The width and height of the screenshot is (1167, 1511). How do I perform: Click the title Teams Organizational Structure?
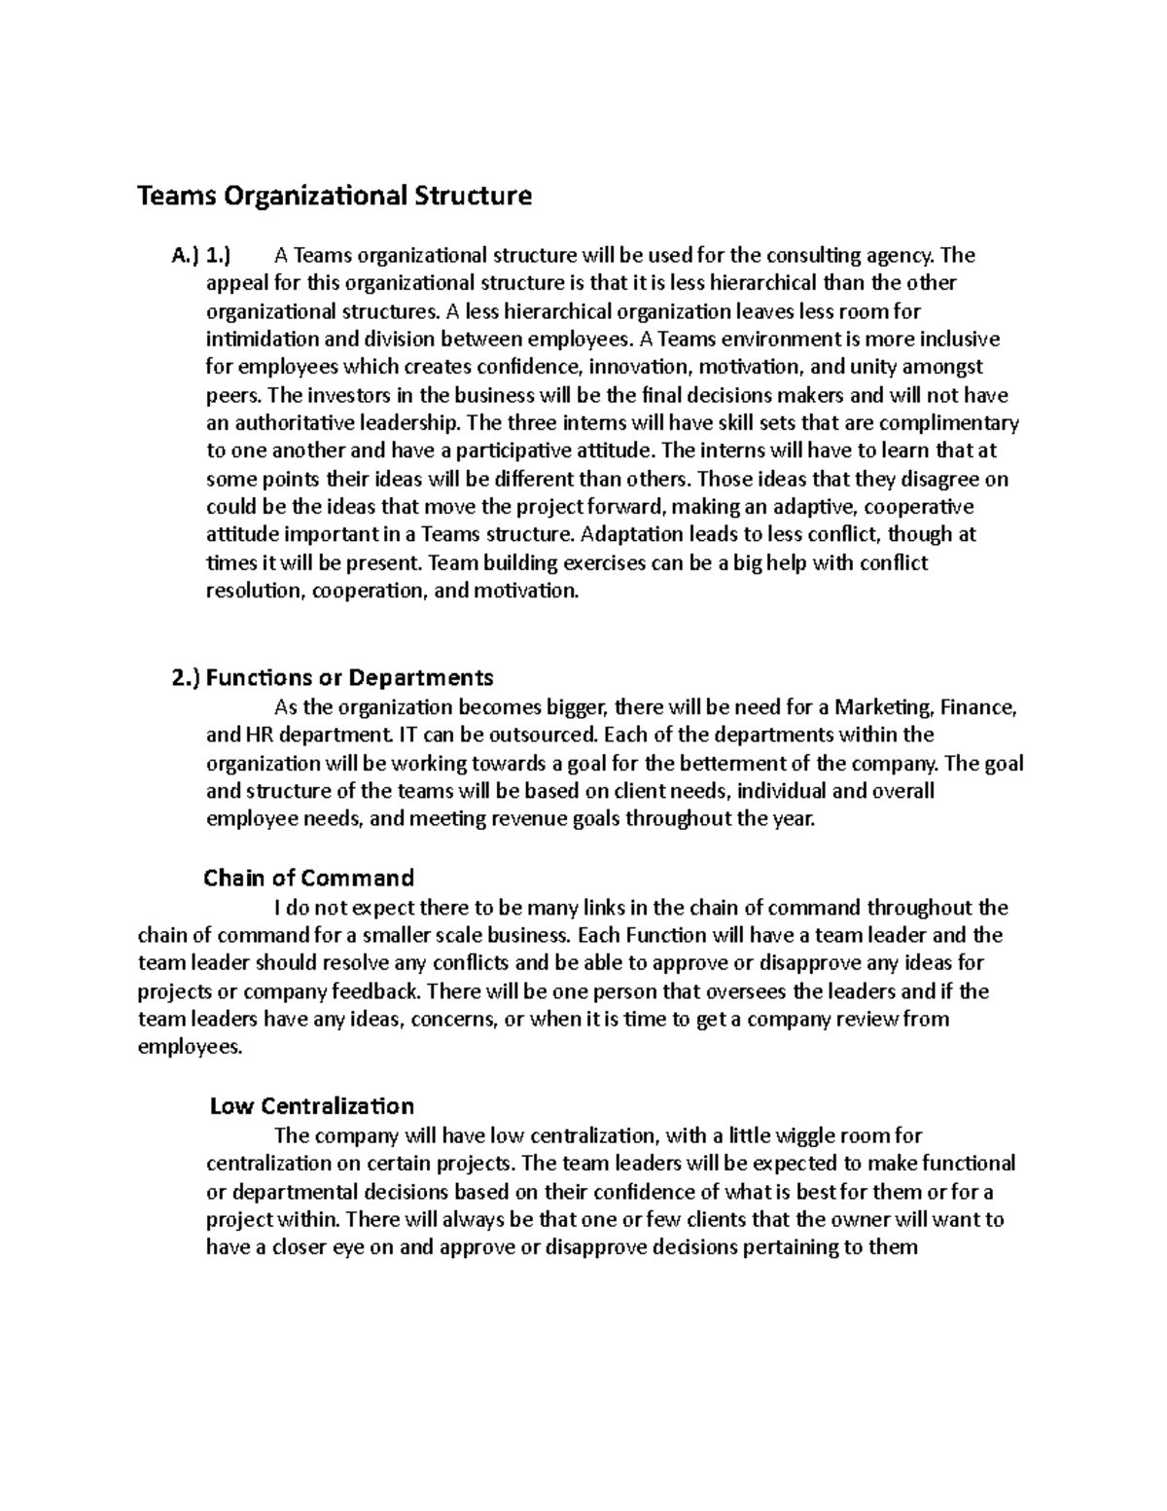(x=335, y=197)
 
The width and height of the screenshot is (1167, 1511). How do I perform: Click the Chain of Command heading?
(x=308, y=879)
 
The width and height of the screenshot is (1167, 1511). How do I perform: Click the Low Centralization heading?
(x=311, y=1106)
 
